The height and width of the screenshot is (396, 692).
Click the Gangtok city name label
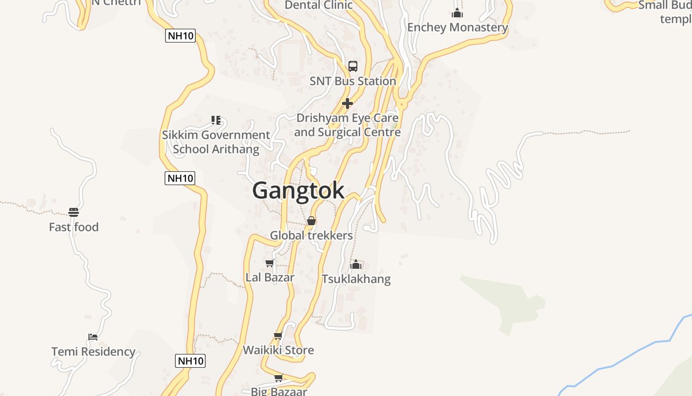(298, 191)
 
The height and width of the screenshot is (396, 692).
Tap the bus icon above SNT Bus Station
(353, 66)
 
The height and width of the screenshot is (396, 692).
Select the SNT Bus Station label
(353, 81)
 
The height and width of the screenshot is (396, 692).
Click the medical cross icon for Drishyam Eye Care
(347, 103)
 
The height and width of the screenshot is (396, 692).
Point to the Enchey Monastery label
(457, 28)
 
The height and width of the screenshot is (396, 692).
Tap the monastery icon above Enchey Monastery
(457, 13)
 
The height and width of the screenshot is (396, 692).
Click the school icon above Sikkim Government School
(216, 120)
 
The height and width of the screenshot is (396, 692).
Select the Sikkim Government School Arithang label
(216, 142)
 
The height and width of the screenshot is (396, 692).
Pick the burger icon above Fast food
(74, 212)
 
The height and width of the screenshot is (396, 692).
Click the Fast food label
(74, 227)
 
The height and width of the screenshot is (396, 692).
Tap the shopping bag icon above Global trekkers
(311, 221)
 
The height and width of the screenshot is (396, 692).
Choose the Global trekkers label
(311, 236)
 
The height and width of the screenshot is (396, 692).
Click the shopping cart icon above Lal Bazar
(270, 263)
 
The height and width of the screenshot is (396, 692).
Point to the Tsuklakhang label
(356, 279)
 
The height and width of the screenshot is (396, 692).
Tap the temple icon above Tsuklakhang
(356, 264)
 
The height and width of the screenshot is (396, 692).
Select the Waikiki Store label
(278, 350)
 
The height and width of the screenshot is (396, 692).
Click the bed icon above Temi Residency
(93, 337)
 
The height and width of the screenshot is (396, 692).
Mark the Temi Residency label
(93, 352)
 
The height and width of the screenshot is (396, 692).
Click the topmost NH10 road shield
(180, 36)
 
